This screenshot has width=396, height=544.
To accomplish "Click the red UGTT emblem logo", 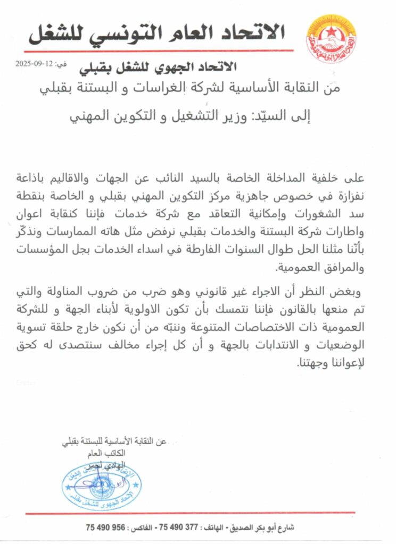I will click(x=331, y=38).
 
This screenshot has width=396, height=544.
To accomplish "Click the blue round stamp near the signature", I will click(x=100, y=486).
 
